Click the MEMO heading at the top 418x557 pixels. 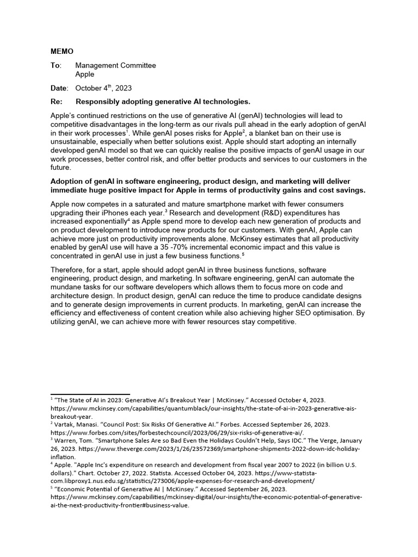(62, 52)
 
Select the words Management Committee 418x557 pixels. (115, 65)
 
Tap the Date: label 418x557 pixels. (59, 88)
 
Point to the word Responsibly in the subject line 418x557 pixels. (99, 102)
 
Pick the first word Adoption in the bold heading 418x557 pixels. (67, 181)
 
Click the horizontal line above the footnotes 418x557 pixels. (90, 394)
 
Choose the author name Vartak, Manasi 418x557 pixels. (77, 423)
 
